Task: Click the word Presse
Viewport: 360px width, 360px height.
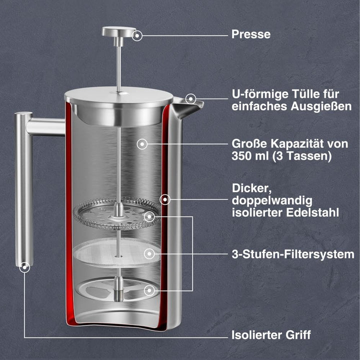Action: [x=250, y=34]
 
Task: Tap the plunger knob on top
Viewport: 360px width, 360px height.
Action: [x=119, y=32]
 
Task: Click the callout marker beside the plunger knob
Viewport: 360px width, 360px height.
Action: [x=137, y=35]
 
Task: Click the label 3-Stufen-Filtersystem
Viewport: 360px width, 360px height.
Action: [x=292, y=254]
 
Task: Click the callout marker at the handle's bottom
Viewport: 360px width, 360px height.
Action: [x=24, y=267]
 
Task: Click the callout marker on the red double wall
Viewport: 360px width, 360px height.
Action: [x=165, y=199]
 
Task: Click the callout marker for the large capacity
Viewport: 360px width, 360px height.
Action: [x=143, y=144]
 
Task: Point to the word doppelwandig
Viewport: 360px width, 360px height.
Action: [x=272, y=200]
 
